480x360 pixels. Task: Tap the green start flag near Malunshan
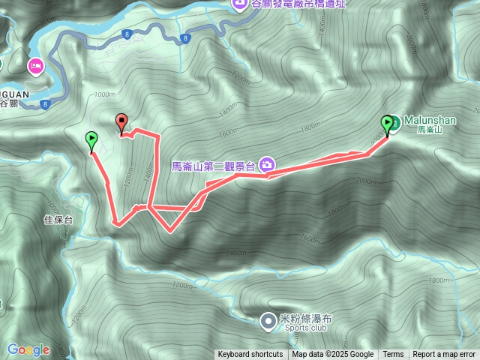[x=388, y=123]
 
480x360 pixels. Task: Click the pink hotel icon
[x=35, y=67]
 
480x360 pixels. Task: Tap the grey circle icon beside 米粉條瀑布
[x=268, y=322]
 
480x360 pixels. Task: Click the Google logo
[x=28, y=349]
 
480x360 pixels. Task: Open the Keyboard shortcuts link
[x=250, y=355]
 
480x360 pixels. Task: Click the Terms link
[x=393, y=355]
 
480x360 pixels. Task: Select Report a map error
[x=445, y=355]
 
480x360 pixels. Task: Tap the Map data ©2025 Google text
[x=332, y=355]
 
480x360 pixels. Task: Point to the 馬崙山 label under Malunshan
[x=425, y=130]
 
